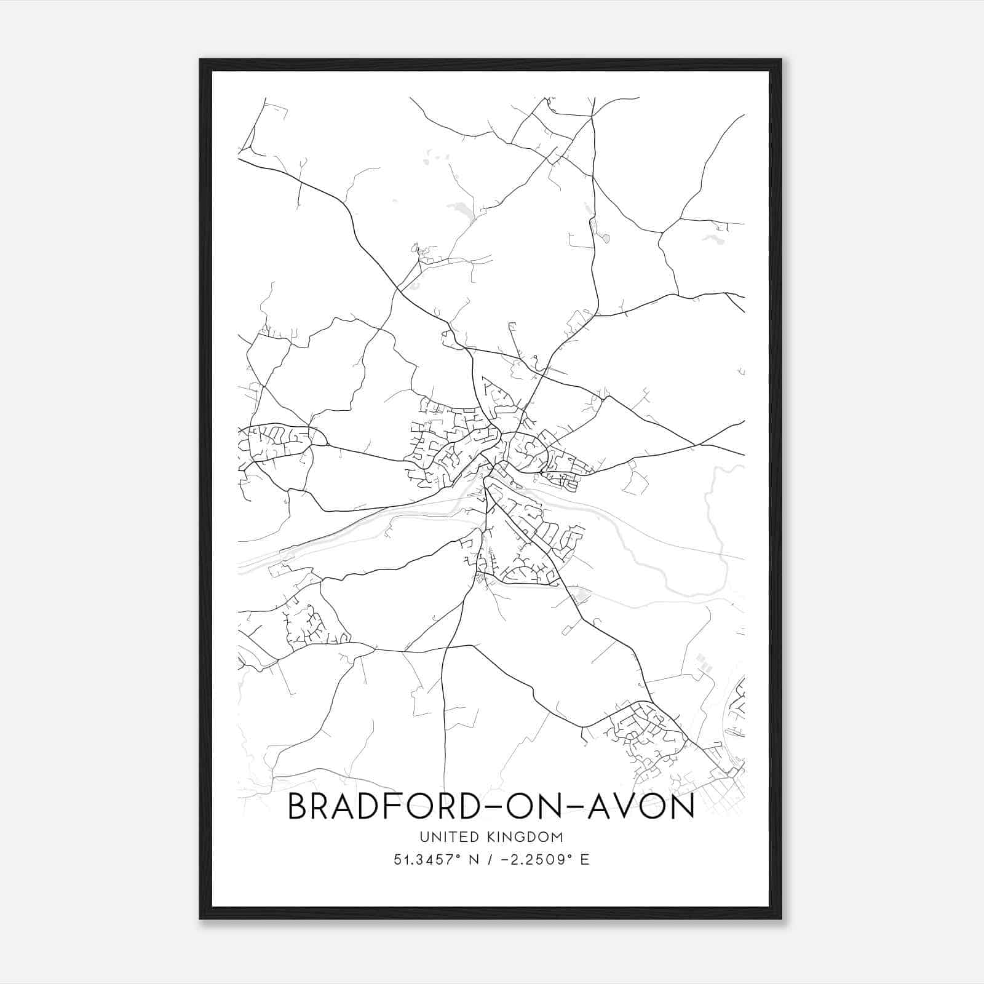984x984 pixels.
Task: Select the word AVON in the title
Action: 641,806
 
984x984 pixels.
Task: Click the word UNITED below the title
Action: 444,837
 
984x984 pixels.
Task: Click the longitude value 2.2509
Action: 536,860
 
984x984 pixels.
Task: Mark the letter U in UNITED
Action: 424,837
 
